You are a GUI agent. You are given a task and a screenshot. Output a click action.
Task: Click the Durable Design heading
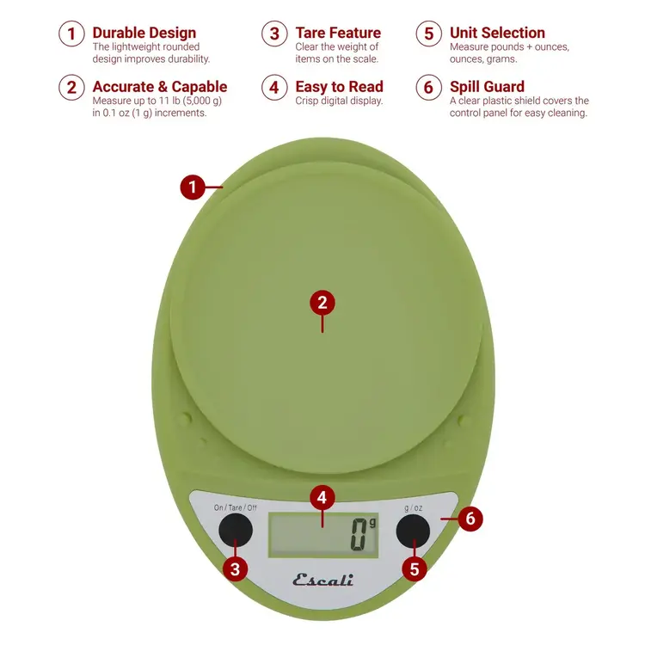tap(144, 34)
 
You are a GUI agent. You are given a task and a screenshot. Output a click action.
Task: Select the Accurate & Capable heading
tap(159, 87)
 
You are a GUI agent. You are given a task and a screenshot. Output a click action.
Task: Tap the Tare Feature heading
tap(337, 34)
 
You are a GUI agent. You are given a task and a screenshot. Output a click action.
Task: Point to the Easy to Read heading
tap(339, 87)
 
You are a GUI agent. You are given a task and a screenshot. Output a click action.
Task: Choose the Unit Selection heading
tap(497, 34)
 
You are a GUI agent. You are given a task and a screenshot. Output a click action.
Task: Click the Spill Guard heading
tap(487, 87)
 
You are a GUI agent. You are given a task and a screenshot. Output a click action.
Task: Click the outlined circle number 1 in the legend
tap(71, 34)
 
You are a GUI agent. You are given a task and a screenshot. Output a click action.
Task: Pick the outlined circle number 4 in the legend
tap(274, 88)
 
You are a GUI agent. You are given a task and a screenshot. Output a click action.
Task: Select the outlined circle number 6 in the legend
tap(428, 88)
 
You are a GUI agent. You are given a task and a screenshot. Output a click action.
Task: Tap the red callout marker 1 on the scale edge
tap(193, 187)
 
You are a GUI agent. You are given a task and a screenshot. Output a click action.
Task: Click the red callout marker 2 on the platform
tap(322, 303)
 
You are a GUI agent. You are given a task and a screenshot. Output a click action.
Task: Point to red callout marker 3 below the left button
tap(236, 568)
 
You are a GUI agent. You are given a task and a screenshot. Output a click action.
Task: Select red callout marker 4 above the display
tap(322, 498)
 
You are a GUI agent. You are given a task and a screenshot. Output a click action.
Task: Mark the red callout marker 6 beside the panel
tap(470, 519)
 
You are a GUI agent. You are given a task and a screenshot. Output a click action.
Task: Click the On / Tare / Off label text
tap(236, 507)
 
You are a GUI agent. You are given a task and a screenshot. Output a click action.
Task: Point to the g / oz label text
tap(413, 507)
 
